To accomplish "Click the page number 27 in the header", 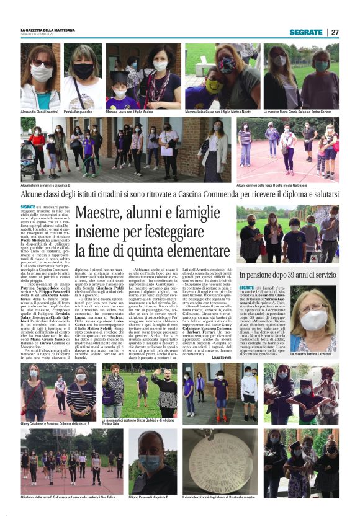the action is [x=335, y=32].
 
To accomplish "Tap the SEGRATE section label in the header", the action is [x=306, y=32].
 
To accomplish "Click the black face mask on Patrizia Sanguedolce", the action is [x=83, y=71].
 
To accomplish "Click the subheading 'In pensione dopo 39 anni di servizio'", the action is [x=287, y=274].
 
